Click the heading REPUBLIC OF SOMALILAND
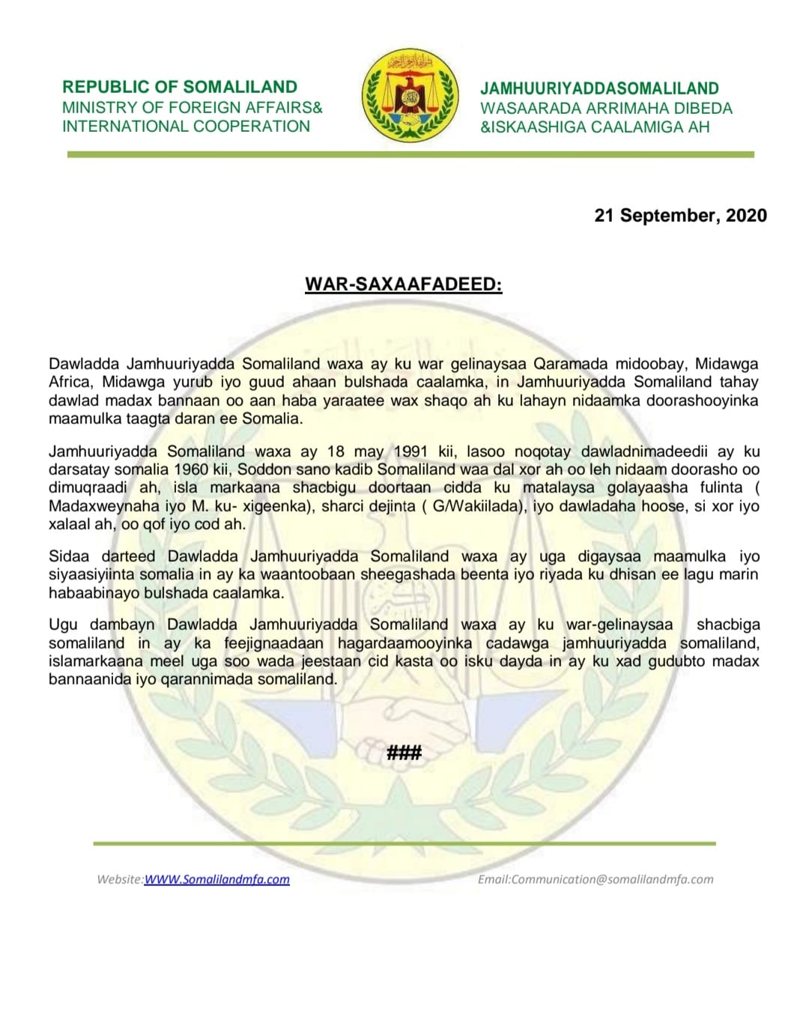[x=180, y=87]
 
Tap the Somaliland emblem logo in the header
[x=410, y=95]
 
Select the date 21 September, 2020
[x=680, y=216]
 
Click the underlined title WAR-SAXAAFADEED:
[x=403, y=285]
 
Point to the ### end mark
[x=404, y=752]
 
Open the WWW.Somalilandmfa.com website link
[x=216, y=879]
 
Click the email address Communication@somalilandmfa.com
[x=612, y=879]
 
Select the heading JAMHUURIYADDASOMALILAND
[x=599, y=88]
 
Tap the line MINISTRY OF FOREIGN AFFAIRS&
[x=192, y=107]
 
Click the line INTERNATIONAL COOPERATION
[x=186, y=126]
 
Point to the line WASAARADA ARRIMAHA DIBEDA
[x=606, y=108]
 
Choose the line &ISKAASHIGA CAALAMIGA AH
[x=595, y=127]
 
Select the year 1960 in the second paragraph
[x=190, y=470]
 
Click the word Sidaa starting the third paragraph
[x=69, y=556]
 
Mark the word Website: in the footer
[x=120, y=879]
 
